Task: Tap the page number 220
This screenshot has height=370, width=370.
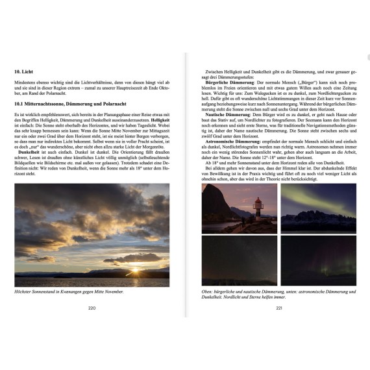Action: (x=92, y=308)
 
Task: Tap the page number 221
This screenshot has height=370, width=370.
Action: (x=279, y=308)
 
